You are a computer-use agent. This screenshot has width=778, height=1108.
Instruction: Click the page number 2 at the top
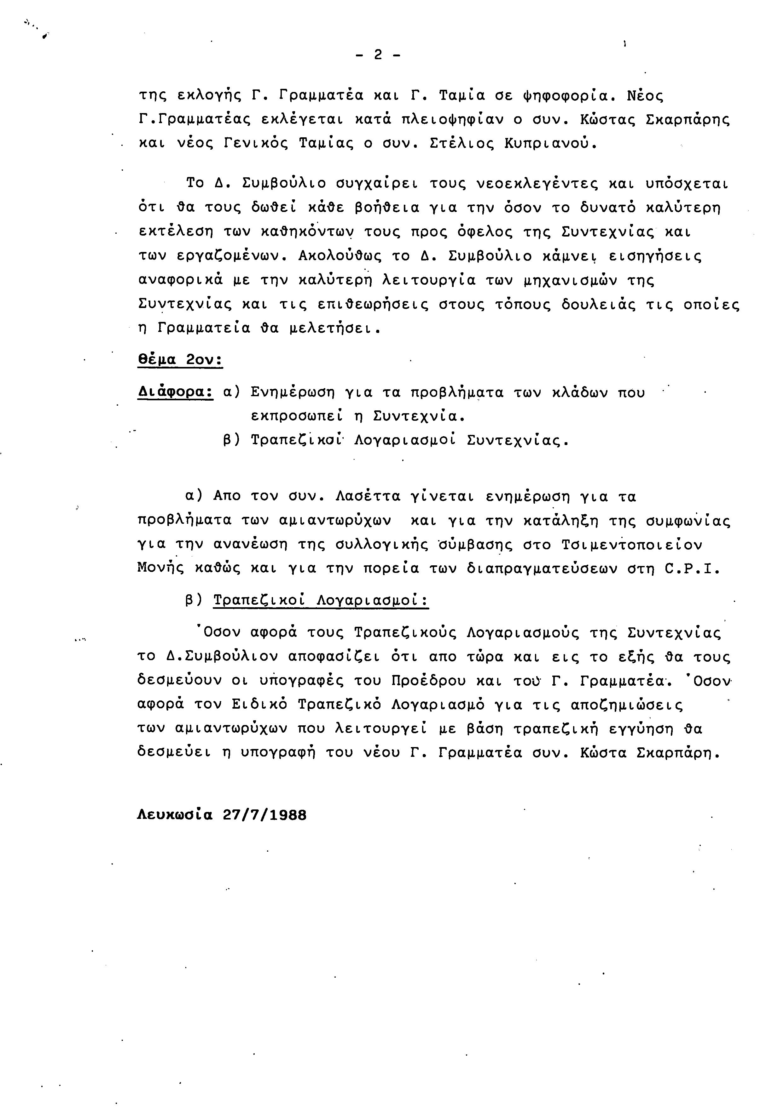coord(378,55)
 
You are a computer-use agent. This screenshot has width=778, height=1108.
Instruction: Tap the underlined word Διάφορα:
coord(175,392)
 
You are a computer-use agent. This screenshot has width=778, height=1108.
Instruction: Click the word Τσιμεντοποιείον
coord(632,545)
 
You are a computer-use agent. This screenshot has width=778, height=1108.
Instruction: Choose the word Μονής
coord(161,569)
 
